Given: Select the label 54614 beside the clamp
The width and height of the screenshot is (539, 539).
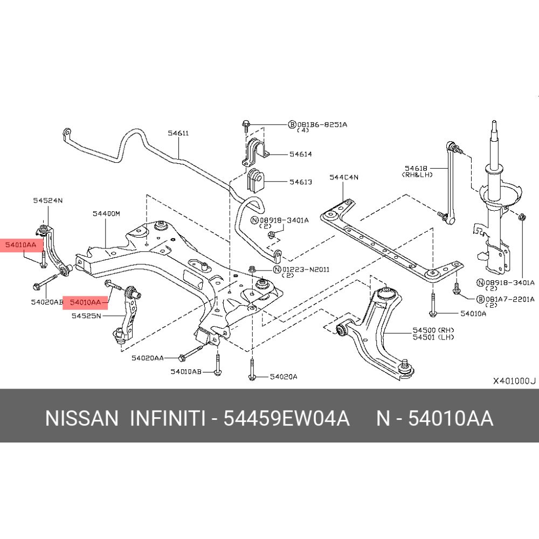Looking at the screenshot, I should [x=300, y=154].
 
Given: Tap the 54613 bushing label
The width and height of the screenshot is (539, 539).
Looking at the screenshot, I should [x=300, y=182].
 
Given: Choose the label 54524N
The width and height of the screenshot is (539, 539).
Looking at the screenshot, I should [x=47, y=201].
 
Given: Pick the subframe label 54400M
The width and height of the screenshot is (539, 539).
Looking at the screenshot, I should [x=106, y=213].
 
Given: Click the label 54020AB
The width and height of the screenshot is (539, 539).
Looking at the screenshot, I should [x=47, y=302].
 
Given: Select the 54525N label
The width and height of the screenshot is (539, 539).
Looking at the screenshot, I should [x=86, y=316].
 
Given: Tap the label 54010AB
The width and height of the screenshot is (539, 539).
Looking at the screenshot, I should [x=186, y=371].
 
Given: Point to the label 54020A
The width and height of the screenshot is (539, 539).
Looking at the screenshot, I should [x=284, y=377].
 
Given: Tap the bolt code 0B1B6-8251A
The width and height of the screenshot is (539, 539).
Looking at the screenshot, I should [x=322, y=124].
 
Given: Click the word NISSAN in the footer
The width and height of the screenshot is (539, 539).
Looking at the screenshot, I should [x=81, y=418].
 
